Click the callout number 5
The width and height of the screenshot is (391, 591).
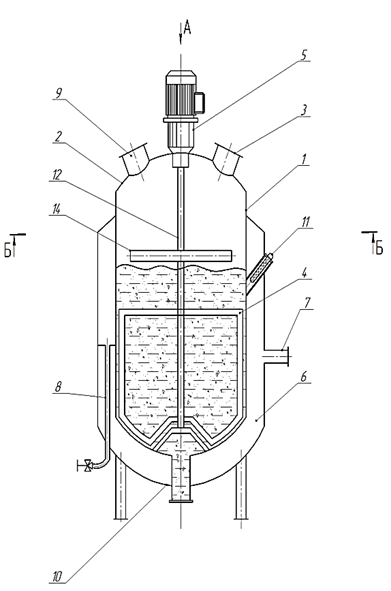(x=304, y=54)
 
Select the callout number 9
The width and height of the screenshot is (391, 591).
(x=58, y=93)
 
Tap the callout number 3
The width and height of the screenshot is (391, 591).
(x=304, y=110)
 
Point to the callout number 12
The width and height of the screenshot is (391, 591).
(x=57, y=175)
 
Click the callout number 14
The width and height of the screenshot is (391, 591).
(x=56, y=209)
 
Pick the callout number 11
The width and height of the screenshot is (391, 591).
(x=305, y=222)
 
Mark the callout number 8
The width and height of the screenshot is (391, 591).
(x=58, y=387)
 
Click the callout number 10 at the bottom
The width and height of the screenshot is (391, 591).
(x=57, y=576)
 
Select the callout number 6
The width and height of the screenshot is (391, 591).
(x=304, y=377)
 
